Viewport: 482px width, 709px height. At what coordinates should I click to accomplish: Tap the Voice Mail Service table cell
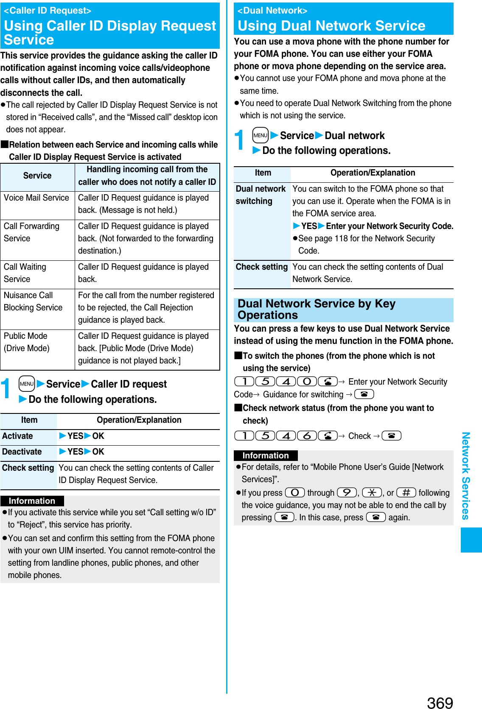pos(37,198)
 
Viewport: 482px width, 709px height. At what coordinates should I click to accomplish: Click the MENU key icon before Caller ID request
pos(27,384)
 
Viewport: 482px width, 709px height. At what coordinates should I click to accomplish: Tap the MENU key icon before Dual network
pos(260,135)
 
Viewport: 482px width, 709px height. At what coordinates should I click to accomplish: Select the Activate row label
pos(18,436)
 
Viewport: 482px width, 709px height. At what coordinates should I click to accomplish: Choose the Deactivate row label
pos(22,452)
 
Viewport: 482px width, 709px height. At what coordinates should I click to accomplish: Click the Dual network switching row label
pos(261,195)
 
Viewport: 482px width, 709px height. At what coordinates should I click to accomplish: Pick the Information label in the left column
pos(32,501)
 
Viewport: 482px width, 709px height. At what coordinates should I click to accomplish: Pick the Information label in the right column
pos(266,455)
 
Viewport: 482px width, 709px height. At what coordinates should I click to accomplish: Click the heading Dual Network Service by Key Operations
pos(316,310)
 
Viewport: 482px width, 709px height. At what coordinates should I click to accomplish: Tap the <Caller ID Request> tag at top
pos(48,11)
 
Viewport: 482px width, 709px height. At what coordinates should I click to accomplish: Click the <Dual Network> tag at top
pos(272,11)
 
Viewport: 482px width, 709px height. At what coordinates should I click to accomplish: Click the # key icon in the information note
pos(406,492)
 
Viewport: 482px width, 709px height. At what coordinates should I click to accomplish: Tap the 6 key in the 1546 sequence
pos(307,435)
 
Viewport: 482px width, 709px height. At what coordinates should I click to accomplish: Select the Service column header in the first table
pos(37,176)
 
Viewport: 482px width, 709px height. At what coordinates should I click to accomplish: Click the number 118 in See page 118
pos(341,238)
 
